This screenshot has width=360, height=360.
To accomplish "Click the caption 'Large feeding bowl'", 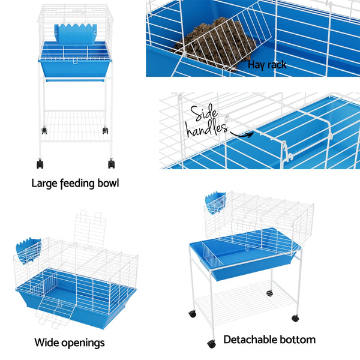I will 75,183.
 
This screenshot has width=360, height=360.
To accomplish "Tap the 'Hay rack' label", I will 266,64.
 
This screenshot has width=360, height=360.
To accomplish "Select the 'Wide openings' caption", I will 70,343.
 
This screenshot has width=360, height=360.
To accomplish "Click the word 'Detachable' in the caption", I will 250,340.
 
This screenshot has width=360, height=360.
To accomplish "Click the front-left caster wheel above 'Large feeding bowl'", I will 40,164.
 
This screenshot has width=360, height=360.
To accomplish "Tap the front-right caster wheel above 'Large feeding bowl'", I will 112,164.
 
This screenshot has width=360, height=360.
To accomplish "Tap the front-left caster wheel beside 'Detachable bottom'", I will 212,344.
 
